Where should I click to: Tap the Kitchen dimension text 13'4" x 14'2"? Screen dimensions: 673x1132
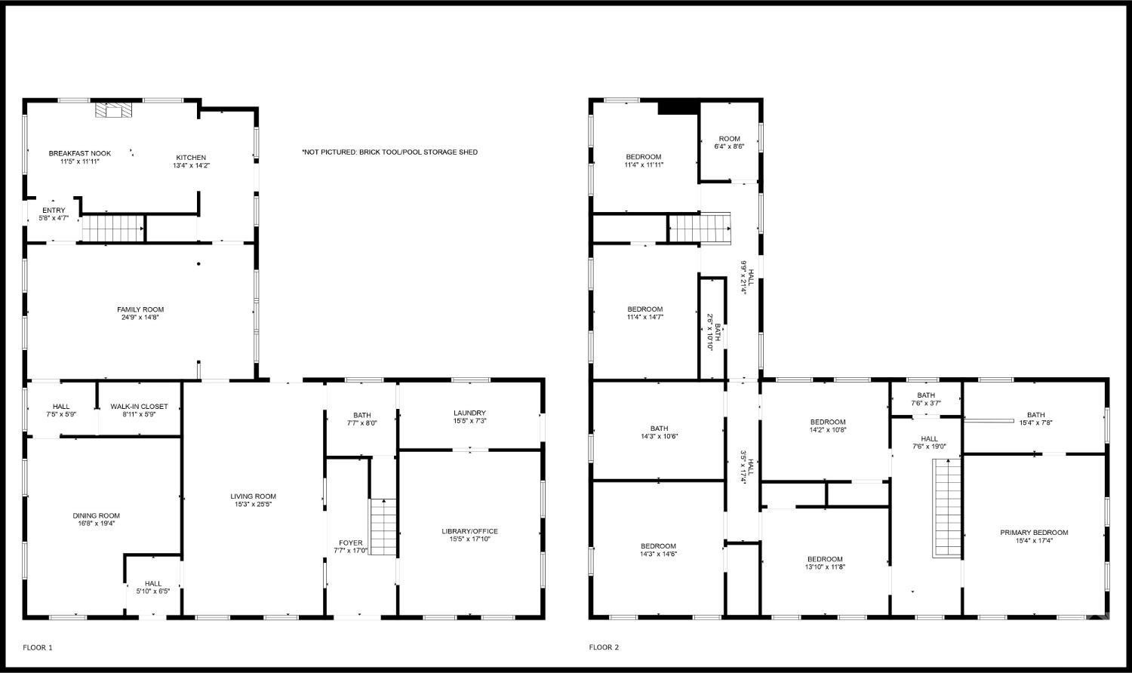pos(191,165)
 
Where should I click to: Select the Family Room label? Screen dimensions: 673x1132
pos(140,309)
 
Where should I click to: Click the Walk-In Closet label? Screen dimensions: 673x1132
pos(140,407)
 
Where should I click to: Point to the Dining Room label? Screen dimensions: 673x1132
pos(96,515)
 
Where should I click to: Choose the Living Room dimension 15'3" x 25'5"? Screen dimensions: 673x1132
pos(254,505)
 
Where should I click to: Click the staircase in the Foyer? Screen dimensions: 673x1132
pos(383,527)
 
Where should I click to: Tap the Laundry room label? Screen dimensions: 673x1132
pos(469,413)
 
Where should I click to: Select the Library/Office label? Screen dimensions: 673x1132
pos(469,531)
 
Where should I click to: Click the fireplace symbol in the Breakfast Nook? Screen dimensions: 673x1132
pos(113,112)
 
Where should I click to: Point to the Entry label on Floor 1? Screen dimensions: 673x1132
pos(54,211)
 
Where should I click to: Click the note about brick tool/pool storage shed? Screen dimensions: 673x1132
pos(389,152)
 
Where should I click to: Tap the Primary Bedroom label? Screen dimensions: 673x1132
pos(1034,533)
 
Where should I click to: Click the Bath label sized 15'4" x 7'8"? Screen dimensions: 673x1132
pos(1035,414)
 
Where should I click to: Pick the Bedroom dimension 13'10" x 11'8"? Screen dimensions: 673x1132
pos(825,567)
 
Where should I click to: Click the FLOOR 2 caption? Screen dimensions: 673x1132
pos(604,647)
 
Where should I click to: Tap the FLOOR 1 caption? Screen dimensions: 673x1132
pos(38,647)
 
